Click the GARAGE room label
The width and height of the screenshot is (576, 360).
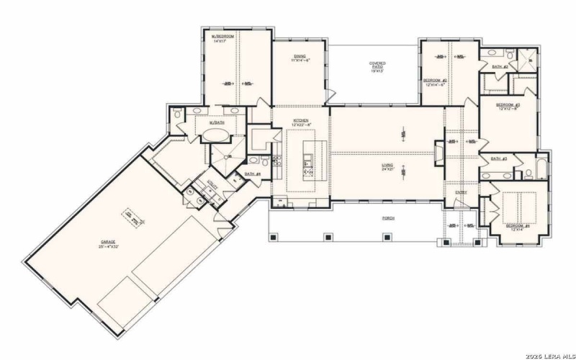[x=108, y=242]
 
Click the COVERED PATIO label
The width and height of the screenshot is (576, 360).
[x=377, y=67]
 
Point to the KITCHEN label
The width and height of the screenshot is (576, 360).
[x=300, y=122]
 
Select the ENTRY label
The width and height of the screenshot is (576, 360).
[x=461, y=192]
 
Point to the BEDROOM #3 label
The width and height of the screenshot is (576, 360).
[x=508, y=106]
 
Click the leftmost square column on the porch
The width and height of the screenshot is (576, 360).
[x=273, y=236]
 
